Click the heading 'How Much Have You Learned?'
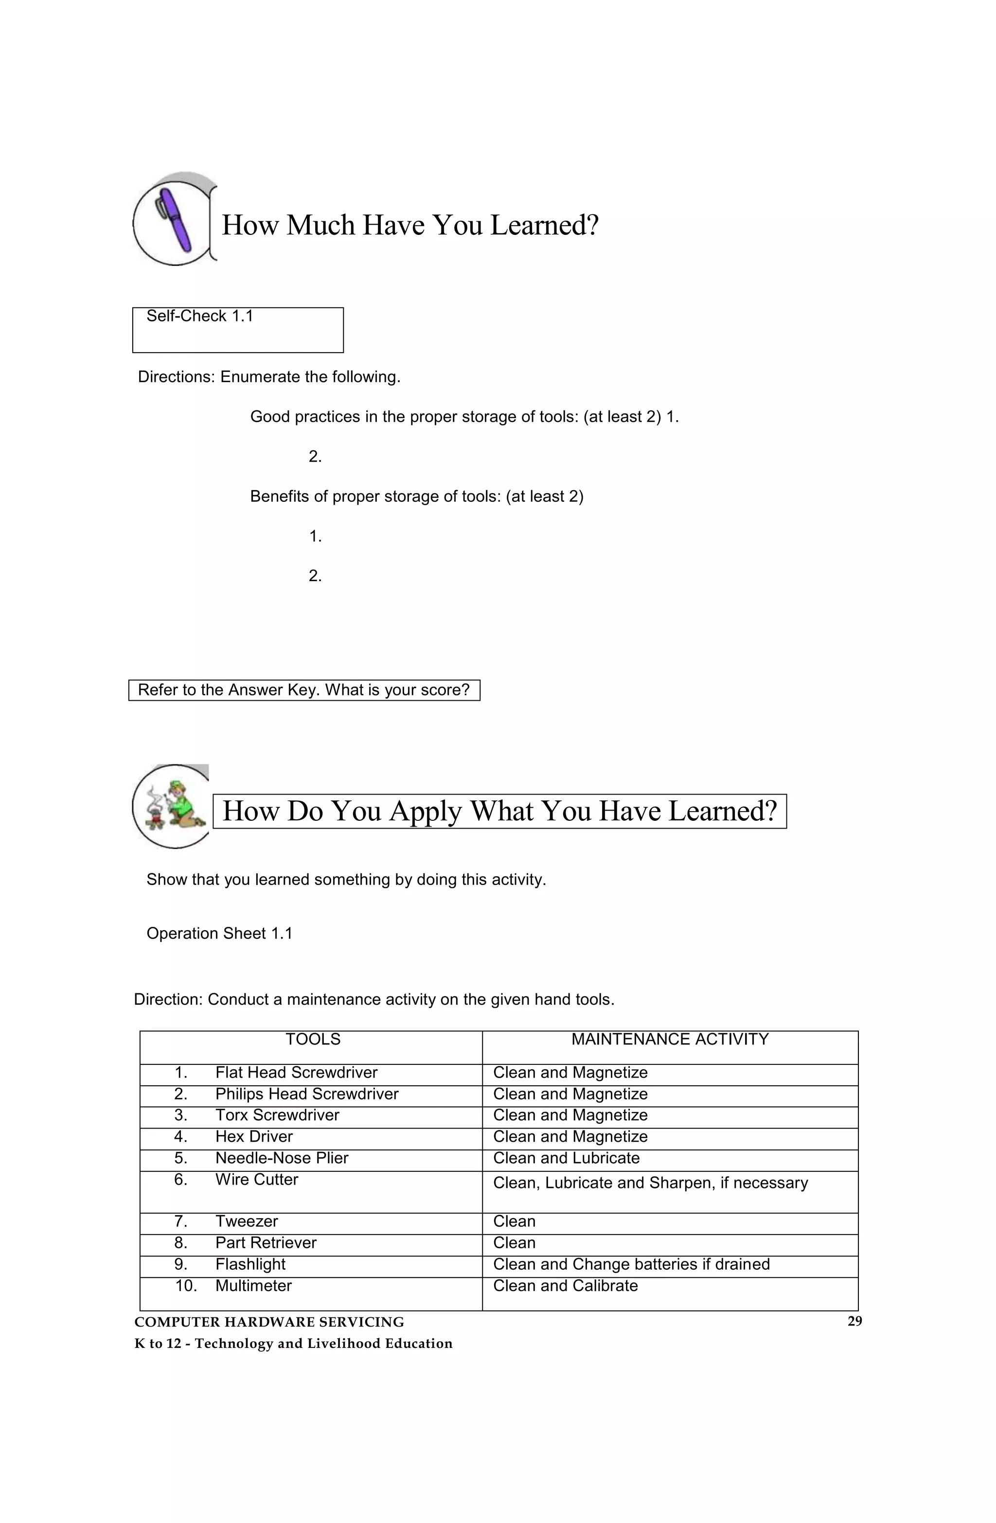(409, 225)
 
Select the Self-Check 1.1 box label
(200, 316)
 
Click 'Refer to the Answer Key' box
(303, 690)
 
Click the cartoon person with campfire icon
(172, 806)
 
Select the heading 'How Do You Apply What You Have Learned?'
(499, 811)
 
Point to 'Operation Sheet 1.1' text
(219, 933)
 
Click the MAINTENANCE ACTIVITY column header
(670, 1039)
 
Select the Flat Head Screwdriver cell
(296, 1073)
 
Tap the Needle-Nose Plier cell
(282, 1158)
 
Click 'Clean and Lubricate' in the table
(566, 1158)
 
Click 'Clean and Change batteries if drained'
(631, 1264)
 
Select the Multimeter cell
(253, 1286)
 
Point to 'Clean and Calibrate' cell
(565, 1286)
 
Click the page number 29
(854, 1321)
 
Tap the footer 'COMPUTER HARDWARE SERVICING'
(269, 1322)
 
